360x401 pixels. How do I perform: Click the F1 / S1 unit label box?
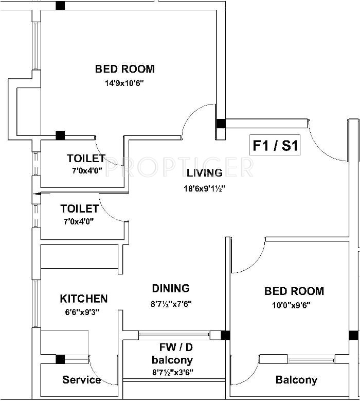pos(275,146)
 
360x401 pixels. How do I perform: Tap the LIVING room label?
pos(205,173)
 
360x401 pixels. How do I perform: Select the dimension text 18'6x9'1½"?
pos(205,188)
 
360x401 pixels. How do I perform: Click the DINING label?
pos(171,288)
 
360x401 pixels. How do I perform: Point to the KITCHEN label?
pos(84,299)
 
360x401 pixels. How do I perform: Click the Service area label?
pos(82,380)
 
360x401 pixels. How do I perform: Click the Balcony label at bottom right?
pos(296,380)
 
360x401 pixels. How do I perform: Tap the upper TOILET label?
pos(86,159)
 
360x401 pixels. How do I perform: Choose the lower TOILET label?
pos(79,209)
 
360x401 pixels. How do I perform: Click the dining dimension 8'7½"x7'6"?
pos(171,304)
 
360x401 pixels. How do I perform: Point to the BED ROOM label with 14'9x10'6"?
pos(125,69)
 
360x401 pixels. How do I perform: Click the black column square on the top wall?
pos(60,6)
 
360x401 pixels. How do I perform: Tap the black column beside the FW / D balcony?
pos(225,336)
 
